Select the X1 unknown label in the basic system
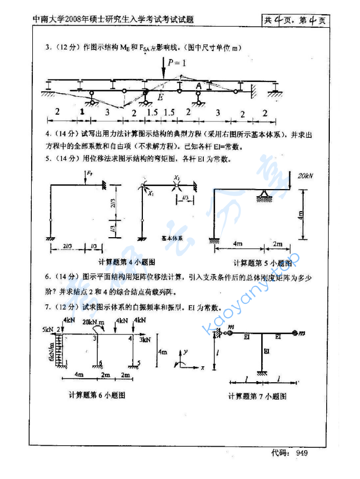152,194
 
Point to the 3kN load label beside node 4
144,339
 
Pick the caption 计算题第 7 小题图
257,396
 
